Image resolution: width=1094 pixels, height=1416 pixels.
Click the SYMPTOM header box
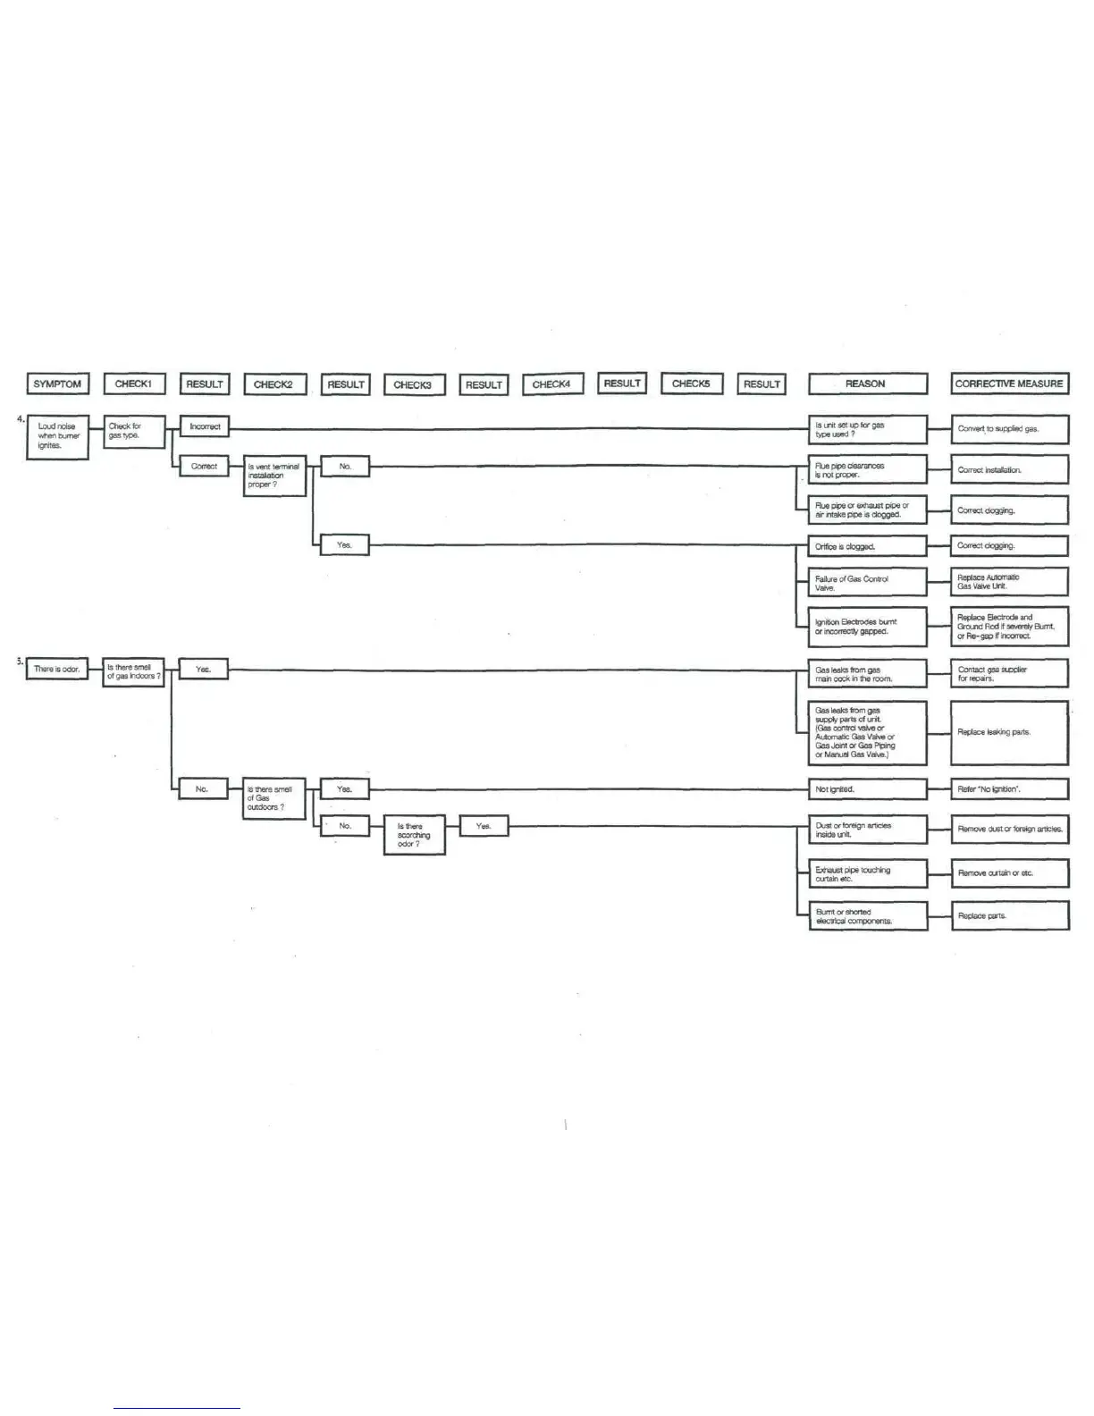(x=57, y=384)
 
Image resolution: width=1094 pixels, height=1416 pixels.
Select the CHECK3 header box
(x=414, y=385)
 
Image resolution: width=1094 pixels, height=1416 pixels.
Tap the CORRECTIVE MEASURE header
(x=1010, y=384)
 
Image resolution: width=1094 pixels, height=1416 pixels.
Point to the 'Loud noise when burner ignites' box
(x=58, y=436)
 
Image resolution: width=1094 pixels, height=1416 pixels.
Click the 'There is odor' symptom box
(x=58, y=669)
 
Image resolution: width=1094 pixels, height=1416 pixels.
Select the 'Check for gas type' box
(x=134, y=432)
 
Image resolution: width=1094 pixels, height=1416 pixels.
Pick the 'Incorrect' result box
(x=205, y=427)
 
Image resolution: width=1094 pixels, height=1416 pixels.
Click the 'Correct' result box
(x=205, y=467)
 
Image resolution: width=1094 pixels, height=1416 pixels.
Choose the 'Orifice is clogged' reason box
(x=867, y=546)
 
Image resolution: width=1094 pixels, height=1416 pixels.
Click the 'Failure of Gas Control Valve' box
(x=867, y=583)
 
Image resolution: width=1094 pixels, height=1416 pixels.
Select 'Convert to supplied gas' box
(x=1010, y=429)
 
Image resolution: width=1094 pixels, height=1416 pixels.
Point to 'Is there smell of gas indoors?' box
(x=134, y=672)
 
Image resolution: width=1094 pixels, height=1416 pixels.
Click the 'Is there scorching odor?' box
(x=415, y=836)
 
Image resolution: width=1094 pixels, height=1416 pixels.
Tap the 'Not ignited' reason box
(x=867, y=789)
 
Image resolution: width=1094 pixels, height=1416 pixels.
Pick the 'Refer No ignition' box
(x=1010, y=789)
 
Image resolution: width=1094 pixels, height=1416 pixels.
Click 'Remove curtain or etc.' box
(x=1010, y=873)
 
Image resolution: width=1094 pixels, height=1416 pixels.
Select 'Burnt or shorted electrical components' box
(x=867, y=916)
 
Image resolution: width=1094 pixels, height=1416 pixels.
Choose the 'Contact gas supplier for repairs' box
(x=1010, y=673)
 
